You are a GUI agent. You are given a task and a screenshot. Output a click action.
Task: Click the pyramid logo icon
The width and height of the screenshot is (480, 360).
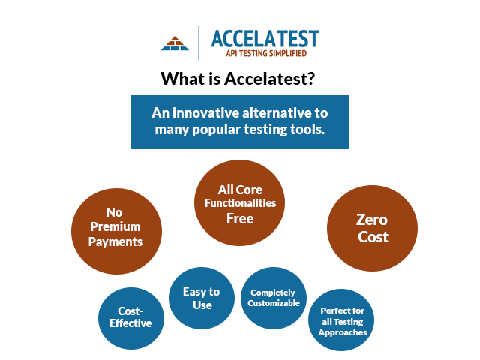pyautogui.click(x=175, y=43)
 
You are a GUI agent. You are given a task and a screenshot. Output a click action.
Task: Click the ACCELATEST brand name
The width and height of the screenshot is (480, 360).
pyautogui.click(x=265, y=38)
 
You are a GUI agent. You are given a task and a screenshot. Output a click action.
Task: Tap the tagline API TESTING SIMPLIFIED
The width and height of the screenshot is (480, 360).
pyautogui.click(x=266, y=53)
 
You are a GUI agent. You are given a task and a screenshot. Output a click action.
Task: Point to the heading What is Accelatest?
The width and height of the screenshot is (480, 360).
pyautogui.click(x=238, y=79)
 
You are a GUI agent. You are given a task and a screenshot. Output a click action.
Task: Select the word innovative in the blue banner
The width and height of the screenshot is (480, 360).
pyautogui.click(x=205, y=113)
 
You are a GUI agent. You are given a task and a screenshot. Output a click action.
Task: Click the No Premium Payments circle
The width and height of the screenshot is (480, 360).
pyautogui.click(x=116, y=231)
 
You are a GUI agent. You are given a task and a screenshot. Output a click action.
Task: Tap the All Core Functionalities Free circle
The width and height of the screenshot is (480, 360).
pyautogui.click(x=239, y=202)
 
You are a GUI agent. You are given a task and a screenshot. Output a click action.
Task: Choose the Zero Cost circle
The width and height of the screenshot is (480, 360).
pyautogui.click(x=372, y=228)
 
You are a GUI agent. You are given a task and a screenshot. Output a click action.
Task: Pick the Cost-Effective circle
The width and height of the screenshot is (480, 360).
pyautogui.click(x=131, y=318)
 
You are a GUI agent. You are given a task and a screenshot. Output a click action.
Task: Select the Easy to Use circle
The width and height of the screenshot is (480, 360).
pyautogui.click(x=202, y=298)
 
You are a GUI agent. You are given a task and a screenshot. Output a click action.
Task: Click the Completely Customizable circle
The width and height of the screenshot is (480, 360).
pyautogui.click(x=274, y=298)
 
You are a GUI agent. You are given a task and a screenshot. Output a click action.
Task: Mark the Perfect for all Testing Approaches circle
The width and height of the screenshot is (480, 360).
pyautogui.click(x=341, y=320)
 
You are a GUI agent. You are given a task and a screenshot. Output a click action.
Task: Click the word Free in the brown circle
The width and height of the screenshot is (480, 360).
pyautogui.click(x=240, y=218)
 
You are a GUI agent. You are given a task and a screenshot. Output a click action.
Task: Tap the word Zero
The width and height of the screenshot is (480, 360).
pyautogui.click(x=372, y=220)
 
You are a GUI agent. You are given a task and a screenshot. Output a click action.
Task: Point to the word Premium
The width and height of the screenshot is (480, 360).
pyautogui.click(x=115, y=226)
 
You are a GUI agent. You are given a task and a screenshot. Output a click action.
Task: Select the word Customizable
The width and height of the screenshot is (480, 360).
pyautogui.click(x=274, y=303)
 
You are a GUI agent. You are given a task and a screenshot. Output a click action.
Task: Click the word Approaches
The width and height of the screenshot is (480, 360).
pyautogui.click(x=343, y=332)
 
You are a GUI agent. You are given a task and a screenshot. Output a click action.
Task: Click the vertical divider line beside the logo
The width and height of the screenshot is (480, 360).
pyautogui.click(x=199, y=43)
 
